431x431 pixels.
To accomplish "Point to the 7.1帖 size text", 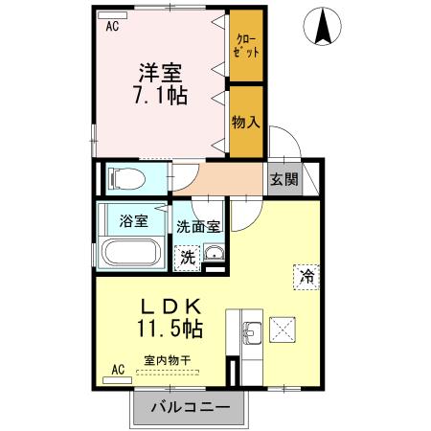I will point(160,96).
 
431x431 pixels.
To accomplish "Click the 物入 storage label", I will point(246,122).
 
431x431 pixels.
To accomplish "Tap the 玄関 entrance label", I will point(282,178).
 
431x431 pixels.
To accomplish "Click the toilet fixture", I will point(125,177).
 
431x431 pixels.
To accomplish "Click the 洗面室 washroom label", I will point(198,228).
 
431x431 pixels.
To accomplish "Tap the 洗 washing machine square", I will point(188,256).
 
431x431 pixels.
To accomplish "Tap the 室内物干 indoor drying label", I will point(167,361).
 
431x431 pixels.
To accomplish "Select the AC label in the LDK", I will point(118,368).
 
